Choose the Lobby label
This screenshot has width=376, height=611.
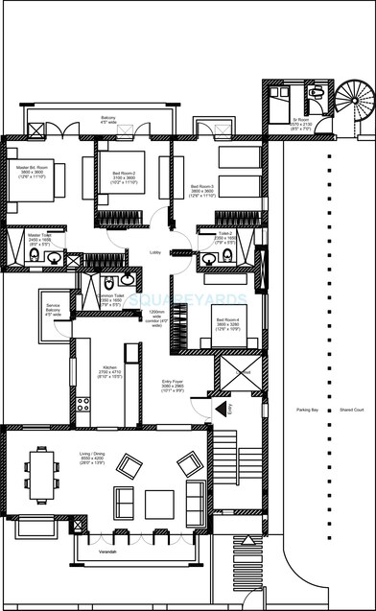click(154, 253)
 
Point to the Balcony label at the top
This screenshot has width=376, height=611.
click(108, 118)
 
